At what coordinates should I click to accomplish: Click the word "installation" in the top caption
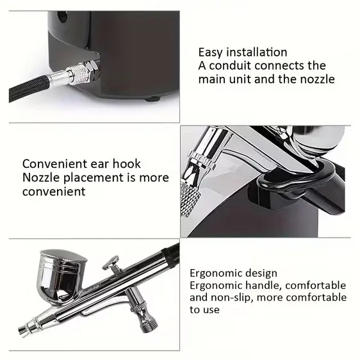click(x=257, y=52)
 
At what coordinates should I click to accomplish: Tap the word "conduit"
click(x=230, y=66)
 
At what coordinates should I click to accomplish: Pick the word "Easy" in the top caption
click(x=211, y=53)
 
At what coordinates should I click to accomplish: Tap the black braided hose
click(x=29, y=88)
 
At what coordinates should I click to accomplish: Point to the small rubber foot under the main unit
click(x=152, y=99)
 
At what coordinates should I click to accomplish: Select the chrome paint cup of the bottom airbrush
click(x=62, y=275)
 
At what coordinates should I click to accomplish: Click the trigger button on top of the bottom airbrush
click(x=111, y=263)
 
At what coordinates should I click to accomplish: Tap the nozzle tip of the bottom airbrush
click(x=24, y=331)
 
